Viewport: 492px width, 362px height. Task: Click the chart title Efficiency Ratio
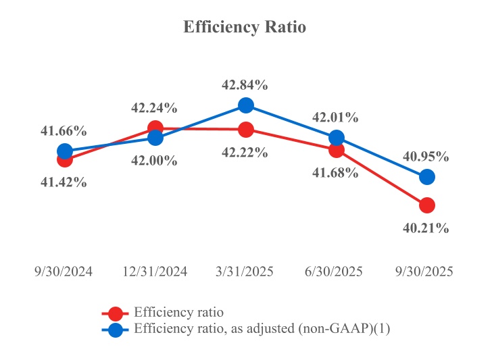245,28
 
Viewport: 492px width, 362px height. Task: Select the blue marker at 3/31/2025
246,105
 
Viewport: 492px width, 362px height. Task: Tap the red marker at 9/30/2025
426,205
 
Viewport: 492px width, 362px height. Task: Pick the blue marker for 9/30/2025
426,176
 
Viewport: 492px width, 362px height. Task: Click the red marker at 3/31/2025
246,129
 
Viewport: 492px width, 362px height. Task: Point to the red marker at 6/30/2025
337,149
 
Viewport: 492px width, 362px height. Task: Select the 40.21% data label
426,228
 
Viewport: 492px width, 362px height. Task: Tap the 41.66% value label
64,131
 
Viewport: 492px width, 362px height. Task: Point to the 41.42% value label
64,182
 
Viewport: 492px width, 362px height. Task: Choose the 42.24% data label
154,107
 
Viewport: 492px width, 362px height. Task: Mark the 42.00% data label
154,161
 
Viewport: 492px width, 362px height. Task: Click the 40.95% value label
426,157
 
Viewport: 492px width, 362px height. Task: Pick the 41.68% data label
335,173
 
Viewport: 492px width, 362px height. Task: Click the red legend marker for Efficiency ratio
116,313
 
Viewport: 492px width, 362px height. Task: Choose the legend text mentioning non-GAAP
263,330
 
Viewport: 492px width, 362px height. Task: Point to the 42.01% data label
335,118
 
